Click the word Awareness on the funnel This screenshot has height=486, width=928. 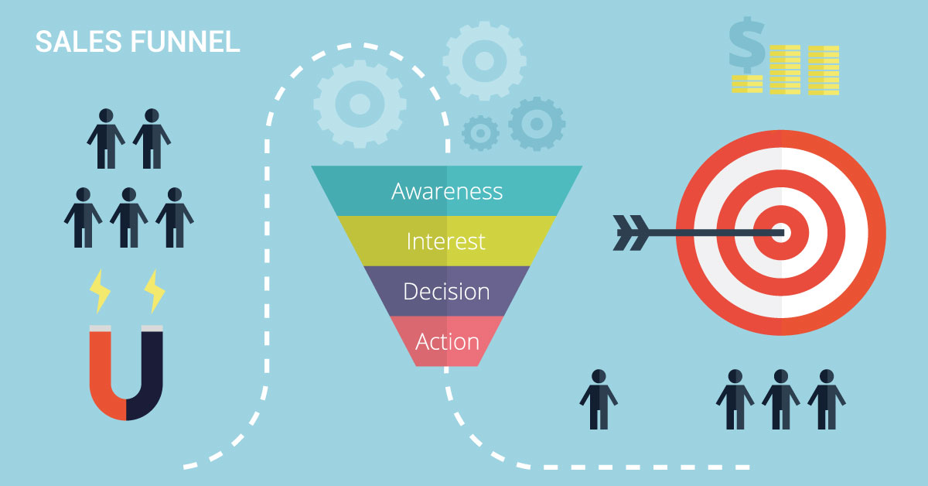[x=447, y=192]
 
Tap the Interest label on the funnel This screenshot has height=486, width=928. [x=445, y=241]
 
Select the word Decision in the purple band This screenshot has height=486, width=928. [x=447, y=292]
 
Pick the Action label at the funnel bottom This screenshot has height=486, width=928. [x=448, y=342]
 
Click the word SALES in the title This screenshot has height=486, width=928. [x=79, y=42]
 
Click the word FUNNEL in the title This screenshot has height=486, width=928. [x=185, y=42]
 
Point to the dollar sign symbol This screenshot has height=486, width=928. [x=746, y=45]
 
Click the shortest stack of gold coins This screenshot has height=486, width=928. [x=747, y=84]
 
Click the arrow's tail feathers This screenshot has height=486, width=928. [x=630, y=233]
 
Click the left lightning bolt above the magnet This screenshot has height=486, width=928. [x=100, y=292]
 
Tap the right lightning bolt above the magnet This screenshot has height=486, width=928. [x=155, y=292]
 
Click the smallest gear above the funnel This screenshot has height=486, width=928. [x=480, y=133]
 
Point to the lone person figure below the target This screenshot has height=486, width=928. [x=599, y=399]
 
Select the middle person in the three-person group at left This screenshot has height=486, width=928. [x=129, y=217]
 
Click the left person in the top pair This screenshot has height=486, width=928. [x=106, y=139]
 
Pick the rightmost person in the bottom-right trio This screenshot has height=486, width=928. [x=827, y=399]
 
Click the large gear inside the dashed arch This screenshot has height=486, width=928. [x=360, y=104]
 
